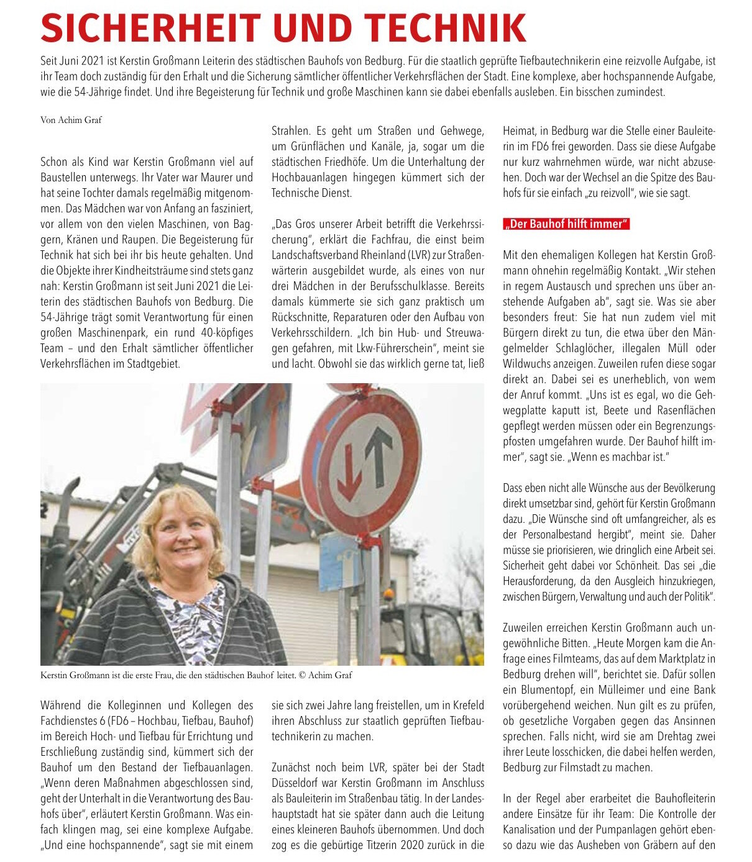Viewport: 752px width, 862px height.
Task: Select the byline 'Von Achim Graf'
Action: tap(71, 120)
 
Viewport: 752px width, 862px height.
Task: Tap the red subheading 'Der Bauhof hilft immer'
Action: tap(566, 224)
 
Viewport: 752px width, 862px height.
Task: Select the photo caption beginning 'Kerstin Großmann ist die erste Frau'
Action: tap(196, 675)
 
